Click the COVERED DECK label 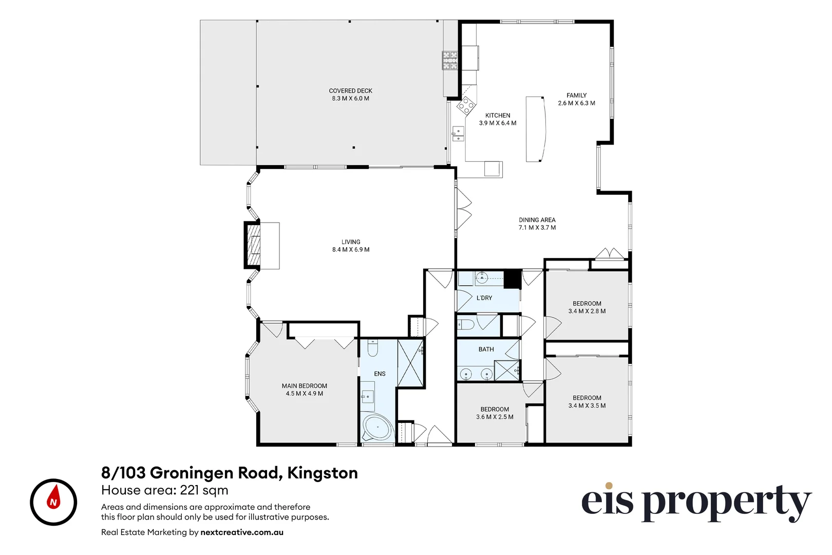pos(350,91)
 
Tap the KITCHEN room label pos(498,116)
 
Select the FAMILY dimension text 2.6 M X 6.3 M pos(576,103)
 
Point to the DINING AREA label pos(537,220)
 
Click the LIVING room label pos(351,242)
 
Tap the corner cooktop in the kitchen pos(466,105)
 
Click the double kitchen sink pos(458,134)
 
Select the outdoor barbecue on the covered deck pos(450,60)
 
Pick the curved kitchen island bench pos(535,129)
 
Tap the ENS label pos(380,374)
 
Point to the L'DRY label pos(484,298)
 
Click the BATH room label pos(486,349)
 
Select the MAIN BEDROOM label pos(304,386)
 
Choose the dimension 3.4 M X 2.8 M pos(587,311)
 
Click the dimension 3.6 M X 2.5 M pos(495,417)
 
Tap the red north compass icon pos(53,502)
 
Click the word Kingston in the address pos(322,473)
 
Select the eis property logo pos(696,503)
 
